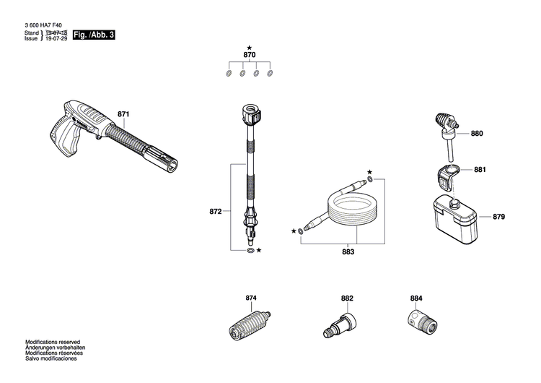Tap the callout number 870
click(x=249, y=55)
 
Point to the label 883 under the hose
click(x=348, y=252)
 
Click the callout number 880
click(x=477, y=134)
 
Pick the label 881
click(x=480, y=171)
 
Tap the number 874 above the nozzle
click(x=251, y=298)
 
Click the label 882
click(x=347, y=298)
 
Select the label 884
click(x=416, y=298)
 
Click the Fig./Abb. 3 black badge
click(x=94, y=35)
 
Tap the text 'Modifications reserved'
click(x=53, y=341)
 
